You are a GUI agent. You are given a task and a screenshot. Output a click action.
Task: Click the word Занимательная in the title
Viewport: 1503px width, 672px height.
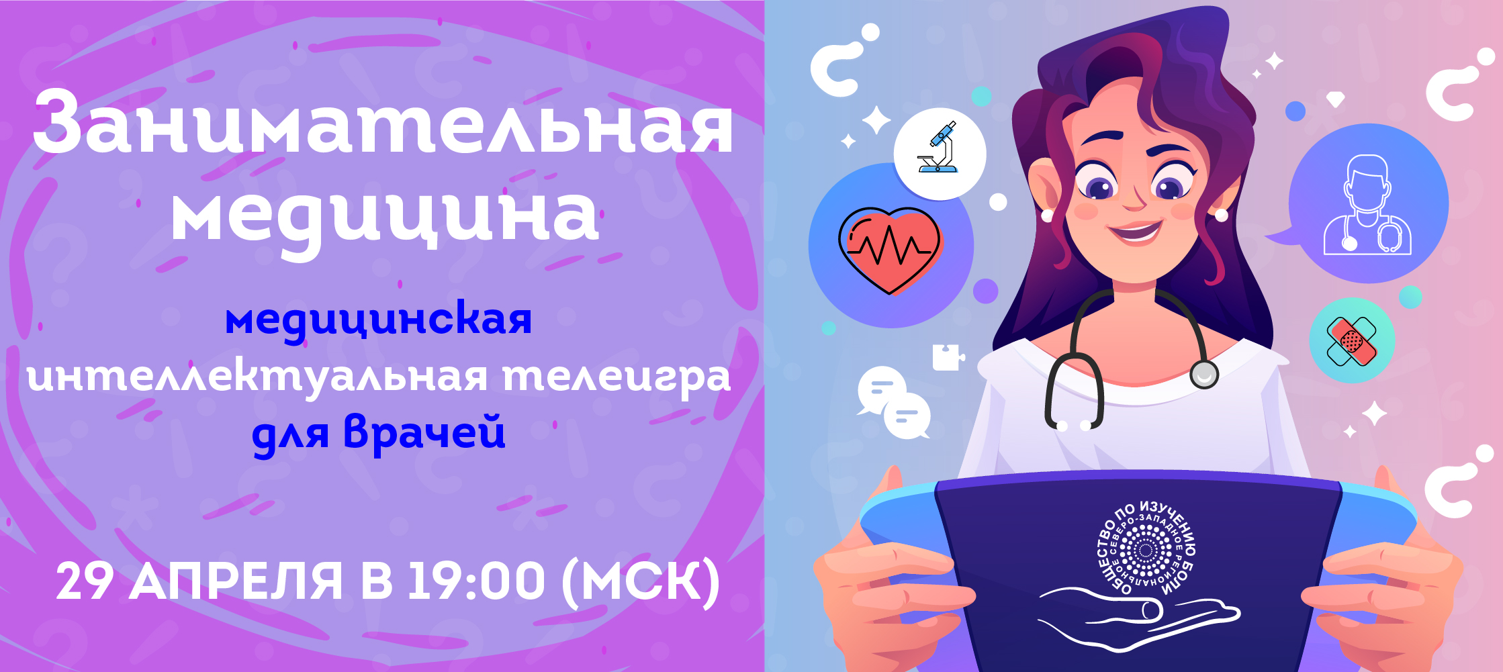(x=383, y=123)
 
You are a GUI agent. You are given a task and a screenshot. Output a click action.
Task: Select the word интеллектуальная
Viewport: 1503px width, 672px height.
(x=257, y=377)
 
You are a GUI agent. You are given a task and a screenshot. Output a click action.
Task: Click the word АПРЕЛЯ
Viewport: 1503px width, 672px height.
(x=236, y=581)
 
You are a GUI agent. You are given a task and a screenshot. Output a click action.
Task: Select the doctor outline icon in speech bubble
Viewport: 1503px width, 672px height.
(x=1367, y=205)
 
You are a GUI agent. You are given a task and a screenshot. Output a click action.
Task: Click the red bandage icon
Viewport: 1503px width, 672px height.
(x=1351, y=341)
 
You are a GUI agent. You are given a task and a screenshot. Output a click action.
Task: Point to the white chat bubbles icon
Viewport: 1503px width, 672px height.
(x=894, y=403)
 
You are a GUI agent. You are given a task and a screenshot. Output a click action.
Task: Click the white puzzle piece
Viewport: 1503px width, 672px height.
(x=948, y=356)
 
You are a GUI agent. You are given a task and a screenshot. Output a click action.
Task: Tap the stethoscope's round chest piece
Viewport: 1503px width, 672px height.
(x=1203, y=374)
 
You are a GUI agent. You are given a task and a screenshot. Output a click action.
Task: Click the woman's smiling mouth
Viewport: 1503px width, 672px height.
(x=1135, y=231)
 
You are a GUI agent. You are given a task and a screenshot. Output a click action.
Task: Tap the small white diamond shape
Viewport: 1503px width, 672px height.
(x=1335, y=99)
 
